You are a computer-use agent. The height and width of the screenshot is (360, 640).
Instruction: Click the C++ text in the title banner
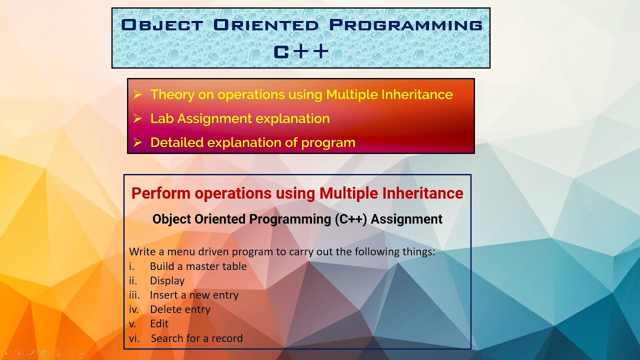pyautogui.click(x=301, y=51)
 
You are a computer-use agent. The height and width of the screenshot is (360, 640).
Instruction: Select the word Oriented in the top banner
pyautogui.click(x=265, y=25)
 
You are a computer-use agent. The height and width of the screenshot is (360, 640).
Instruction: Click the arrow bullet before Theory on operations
pyautogui.click(x=138, y=94)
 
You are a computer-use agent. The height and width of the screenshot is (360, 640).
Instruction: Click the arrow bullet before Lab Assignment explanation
pyautogui.click(x=138, y=118)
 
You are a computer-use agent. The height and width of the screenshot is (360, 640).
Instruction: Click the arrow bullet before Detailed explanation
pyautogui.click(x=138, y=142)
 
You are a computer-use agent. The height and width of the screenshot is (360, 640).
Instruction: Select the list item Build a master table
pyautogui.click(x=198, y=266)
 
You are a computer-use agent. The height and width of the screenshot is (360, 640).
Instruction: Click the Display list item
pyautogui.click(x=167, y=281)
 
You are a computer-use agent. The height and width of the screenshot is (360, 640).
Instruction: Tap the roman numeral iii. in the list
pyautogui.click(x=134, y=295)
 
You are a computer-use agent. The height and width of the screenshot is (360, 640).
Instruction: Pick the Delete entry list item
pyautogui.click(x=180, y=309)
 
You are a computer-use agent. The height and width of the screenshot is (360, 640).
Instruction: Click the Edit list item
pyautogui.click(x=159, y=323)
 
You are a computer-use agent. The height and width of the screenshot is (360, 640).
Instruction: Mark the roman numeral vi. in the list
pyautogui.click(x=134, y=338)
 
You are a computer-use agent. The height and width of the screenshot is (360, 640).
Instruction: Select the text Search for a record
pyautogui.click(x=196, y=338)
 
